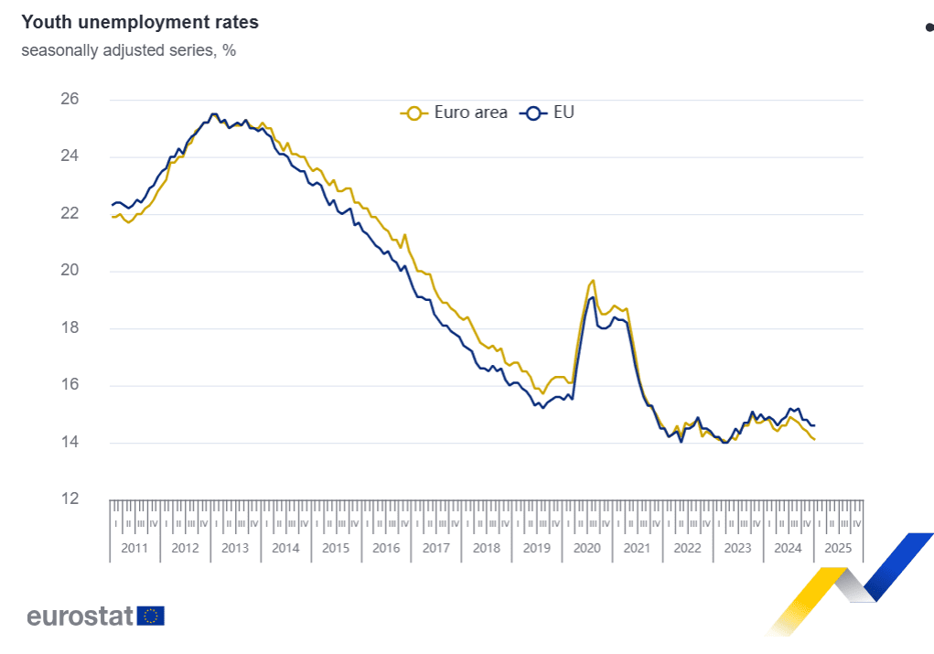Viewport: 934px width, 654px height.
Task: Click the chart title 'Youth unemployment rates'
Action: point(140,21)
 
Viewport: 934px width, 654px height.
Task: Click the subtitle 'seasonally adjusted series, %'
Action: point(129,50)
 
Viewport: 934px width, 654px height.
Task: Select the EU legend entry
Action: point(548,113)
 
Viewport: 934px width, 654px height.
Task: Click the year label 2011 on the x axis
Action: point(134,549)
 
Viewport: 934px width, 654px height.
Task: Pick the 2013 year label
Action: point(235,549)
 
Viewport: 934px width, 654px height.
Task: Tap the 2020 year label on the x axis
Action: point(586,549)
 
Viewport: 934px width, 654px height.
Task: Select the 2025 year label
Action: point(837,549)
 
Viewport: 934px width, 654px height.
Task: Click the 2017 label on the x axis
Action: point(435,549)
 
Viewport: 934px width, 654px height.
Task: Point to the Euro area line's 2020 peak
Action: point(594,280)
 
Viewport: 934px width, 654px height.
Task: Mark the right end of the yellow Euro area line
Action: point(814,440)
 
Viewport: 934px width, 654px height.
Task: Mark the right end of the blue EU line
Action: point(814,424)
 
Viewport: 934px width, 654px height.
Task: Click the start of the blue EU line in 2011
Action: point(113,204)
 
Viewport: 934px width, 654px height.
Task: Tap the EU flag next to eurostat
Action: point(151,616)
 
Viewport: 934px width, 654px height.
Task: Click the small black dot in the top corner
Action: point(929,27)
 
